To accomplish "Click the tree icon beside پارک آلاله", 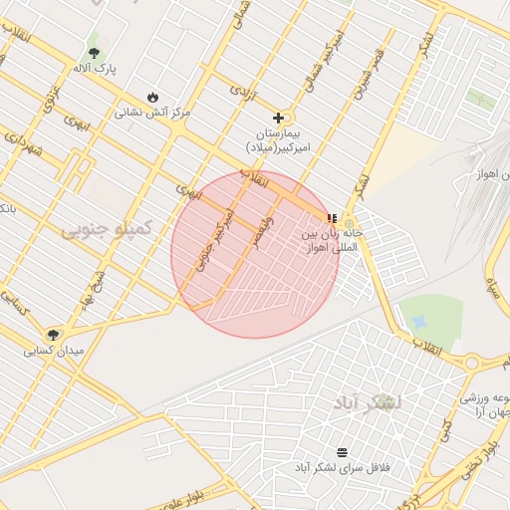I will (95, 52).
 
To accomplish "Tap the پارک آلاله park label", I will (95, 69).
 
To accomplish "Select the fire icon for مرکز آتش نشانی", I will (152, 96).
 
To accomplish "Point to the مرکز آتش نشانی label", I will (152, 113).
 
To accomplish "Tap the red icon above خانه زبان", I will (332, 218).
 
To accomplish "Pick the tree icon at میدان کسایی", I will (53, 335).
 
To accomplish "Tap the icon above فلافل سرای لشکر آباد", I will (343, 451).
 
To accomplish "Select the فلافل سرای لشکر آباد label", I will (341, 467).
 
